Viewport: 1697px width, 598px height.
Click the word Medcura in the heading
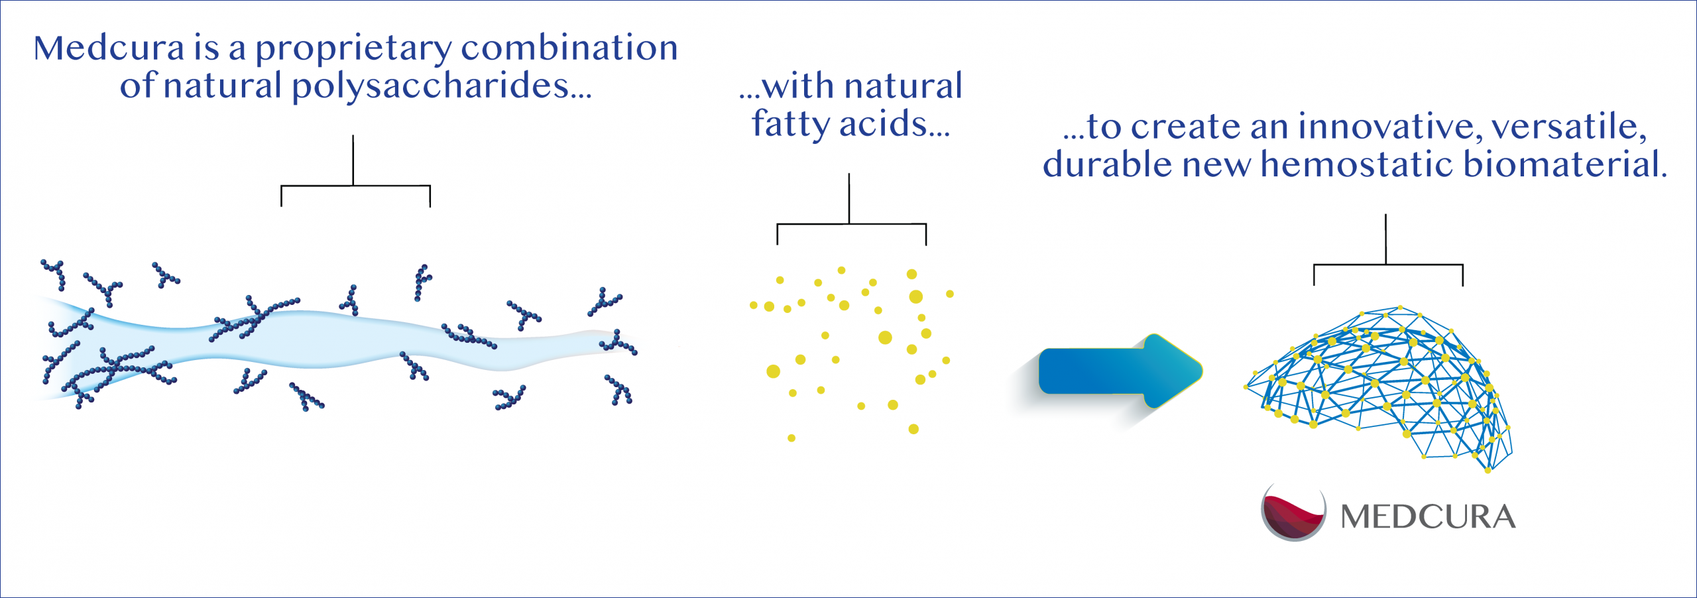pyautogui.click(x=109, y=48)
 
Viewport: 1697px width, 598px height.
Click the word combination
pyautogui.click(x=569, y=48)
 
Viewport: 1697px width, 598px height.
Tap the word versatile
pyautogui.click(x=1569, y=127)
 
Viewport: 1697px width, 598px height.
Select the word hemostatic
pyautogui.click(x=1357, y=164)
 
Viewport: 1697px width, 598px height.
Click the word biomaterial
pyautogui.click(x=1564, y=164)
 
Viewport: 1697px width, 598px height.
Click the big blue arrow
pyautogui.click(x=1120, y=371)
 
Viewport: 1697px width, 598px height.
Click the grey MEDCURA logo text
pyautogui.click(x=1428, y=517)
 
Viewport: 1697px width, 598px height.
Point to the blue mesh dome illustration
pyautogui.click(x=1379, y=388)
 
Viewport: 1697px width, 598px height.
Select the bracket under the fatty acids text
pyautogui.click(x=850, y=224)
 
